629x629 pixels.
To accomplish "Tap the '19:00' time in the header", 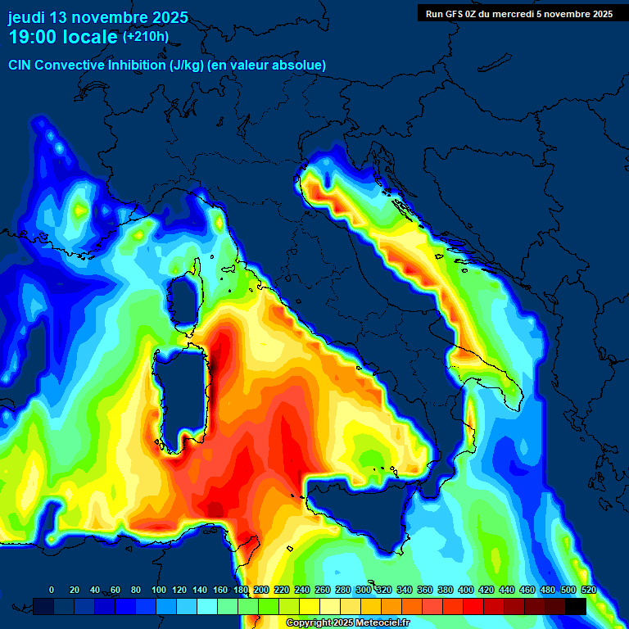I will pyautogui.click(x=33, y=37).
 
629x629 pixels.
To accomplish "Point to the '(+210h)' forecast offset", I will pyautogui.click(x=146, y=36).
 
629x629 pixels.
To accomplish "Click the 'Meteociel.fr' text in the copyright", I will pyautogui.click(x=382, y=623).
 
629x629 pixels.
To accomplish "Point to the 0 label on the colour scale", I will pyautogui.click(x=52, y=590).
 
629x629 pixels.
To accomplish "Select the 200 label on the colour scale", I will pyautogui.click(x=261, y=590).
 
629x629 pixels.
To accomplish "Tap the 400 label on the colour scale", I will pyautogui.click(x=466, y=590).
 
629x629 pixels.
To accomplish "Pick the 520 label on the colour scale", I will pyautogui.click(x=589, y=590).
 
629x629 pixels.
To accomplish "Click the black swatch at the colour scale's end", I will pyautogui.click(x=576, y=606).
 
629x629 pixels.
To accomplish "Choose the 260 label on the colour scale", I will pyautogui.click(x=323, y=590).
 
